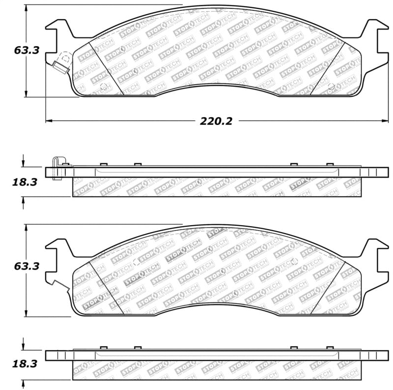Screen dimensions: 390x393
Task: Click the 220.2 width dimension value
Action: point(216,121)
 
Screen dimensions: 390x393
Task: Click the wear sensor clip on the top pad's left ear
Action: point(61,63)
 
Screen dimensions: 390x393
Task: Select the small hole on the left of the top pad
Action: point(103,88)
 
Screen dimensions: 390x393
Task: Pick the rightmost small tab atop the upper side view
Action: point(330,164)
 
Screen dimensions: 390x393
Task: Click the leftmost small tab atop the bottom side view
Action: point(103,348)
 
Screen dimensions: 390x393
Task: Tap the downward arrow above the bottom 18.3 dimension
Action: point(23,345)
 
